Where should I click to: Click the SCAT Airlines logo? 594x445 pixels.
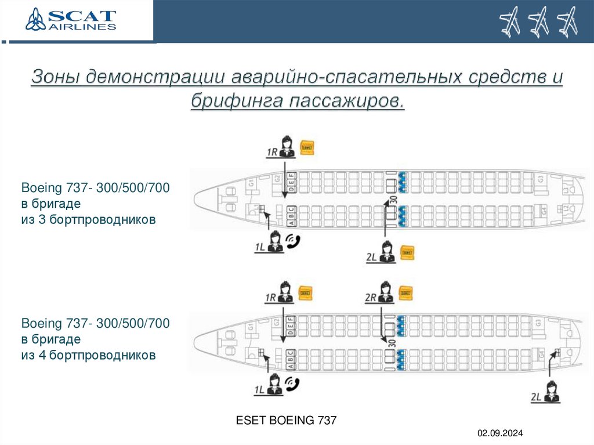click(x=71, y=21)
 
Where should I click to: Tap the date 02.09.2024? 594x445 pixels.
click(x=500, y=433)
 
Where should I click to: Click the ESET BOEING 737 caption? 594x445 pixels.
click(x=285, y=420)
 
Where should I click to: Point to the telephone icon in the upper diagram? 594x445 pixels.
click(x=294, y=242)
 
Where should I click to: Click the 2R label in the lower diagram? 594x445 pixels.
click(x=371, y=298)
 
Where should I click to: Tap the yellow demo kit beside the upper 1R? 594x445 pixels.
click(x=306, y=148)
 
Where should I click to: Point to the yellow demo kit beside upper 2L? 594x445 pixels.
click(x=407, y=252)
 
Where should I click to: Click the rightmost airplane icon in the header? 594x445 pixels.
click(x=567, y=22)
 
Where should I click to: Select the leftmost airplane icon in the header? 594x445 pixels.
click(x=510, y=22)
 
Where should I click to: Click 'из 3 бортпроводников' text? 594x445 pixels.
click(x=88, y=220)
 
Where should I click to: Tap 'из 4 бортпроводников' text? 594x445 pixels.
click(x=88, y=354)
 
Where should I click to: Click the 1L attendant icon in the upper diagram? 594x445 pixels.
click(x=275, y=241)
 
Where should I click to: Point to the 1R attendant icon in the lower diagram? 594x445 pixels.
click(x=285, y=292)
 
